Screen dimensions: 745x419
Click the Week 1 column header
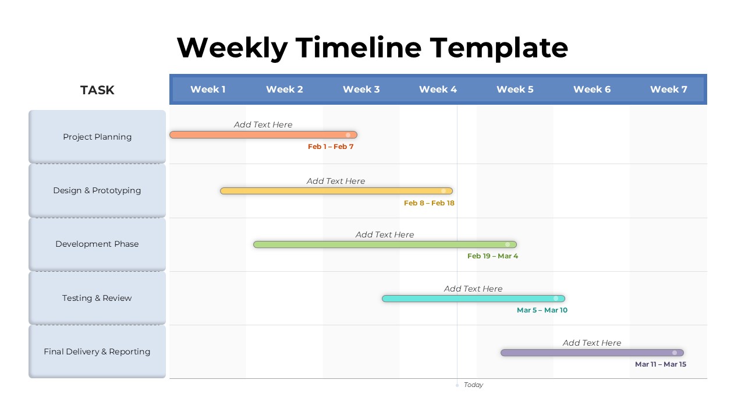pyautogui.click(x=208, y=90)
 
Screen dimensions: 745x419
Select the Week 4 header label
pyautogui.click(x=438, y=90)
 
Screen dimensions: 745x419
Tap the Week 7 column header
pyautogui.click(x=669, y=90)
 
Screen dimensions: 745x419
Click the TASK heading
pyautogui.click(x=97, y=90)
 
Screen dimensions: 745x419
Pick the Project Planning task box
pyautogui.click(x=97, y=137)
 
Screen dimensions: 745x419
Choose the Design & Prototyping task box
pyautogui.click(x=97, y=190)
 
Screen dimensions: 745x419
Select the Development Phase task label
pyautogui.click(x=97, y=244)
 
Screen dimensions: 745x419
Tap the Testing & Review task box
pyautogui.click(x=97, y=298)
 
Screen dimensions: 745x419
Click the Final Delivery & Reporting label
pyautogui.click(x=97, y=352)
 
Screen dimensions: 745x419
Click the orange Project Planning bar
pyautogui.click(x=264, y=134)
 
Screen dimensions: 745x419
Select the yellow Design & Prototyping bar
pyautogui.click(x=336, y=191)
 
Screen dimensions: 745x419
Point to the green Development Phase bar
pyautogui.click(x=385, y=244)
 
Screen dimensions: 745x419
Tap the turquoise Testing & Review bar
pyautogui.click(x=473, y=299)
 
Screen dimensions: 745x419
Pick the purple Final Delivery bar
pyautogui.click(x=592, y=353)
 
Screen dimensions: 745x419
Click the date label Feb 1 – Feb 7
pyautogui.click(x=331, y=147)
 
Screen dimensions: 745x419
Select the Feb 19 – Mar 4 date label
pyautogui.click(x=492, y=256)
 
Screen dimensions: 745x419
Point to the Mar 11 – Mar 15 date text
pyautogui.click(x=661, y=364)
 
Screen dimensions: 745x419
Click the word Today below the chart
pyautogui.click(x=473, y=385)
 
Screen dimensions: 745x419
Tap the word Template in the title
pyautogui.click(x=499, y=48)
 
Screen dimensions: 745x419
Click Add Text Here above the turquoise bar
pyautogui.click(x=473, y=289)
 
